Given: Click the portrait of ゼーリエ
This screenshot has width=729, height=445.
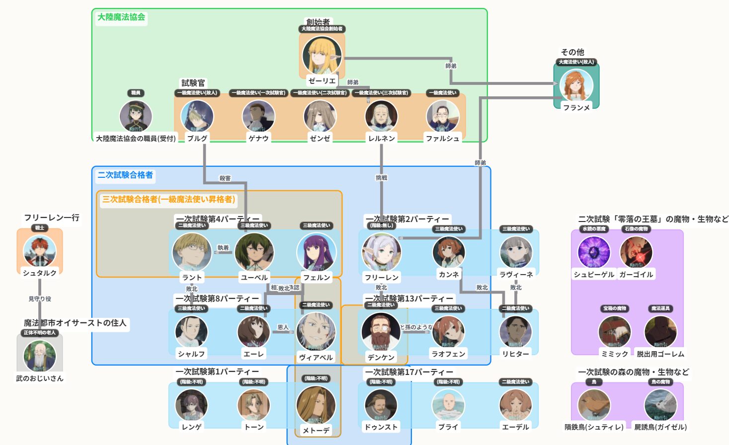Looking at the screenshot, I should [322, 55].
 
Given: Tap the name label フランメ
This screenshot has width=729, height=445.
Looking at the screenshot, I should [576, 107].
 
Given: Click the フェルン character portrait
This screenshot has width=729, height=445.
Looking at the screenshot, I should [316, 252].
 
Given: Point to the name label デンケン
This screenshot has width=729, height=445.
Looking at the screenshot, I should [381, 357].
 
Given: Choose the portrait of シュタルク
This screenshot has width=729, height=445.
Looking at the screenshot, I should [40, 251].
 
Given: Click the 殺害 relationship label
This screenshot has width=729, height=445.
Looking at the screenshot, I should [225, 178].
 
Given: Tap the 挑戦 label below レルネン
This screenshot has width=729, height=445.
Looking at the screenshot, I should [381, 178].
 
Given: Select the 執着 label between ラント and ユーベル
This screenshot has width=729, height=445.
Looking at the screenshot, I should [223, 248].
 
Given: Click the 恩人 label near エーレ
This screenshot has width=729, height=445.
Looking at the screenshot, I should [283, 327].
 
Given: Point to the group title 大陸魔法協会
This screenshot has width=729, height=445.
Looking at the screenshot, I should [121, 17].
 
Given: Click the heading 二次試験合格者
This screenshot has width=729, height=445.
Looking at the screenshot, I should [125, 175].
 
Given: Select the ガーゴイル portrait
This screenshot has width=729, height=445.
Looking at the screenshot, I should [636, 252].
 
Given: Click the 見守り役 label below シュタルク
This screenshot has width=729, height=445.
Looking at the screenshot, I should [40, 299].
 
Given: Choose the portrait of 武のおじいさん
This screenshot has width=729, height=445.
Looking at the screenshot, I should [40, 356].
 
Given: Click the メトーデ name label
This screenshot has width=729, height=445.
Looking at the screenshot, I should [316, 431].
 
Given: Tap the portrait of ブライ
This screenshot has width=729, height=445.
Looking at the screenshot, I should [448, 405].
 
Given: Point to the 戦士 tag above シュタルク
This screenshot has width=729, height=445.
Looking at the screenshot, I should [40, 228].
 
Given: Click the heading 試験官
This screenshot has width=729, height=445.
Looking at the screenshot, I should [193, 83].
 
